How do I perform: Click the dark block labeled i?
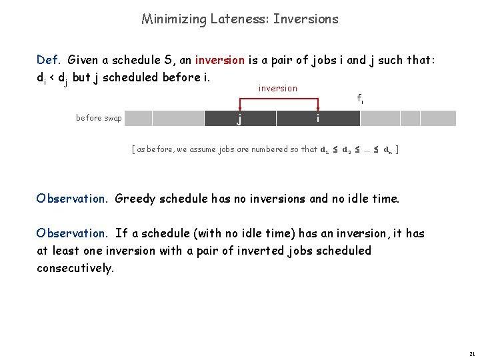tap(318, 119)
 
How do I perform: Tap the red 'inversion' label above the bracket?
tap(277, 88)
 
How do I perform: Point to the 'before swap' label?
tap(99, 118)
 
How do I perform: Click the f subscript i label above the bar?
tap(359, 99)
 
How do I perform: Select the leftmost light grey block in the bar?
tap(139, 119)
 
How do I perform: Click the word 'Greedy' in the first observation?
tap(135, 198)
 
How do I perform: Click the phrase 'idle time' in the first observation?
tap(377, 198)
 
